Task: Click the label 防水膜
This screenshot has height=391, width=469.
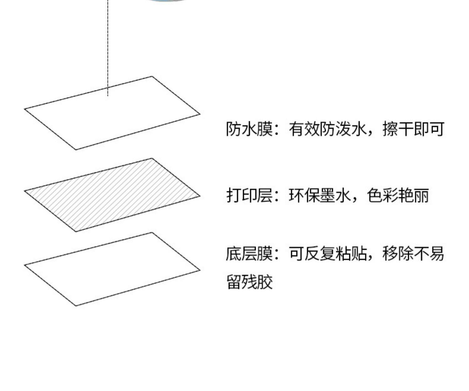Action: [x=249, y=129]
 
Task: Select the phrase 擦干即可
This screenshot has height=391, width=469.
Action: [x=413, y=129]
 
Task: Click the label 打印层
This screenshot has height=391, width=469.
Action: [x=249, y=196]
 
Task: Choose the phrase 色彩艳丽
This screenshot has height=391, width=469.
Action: [x=398, y=196]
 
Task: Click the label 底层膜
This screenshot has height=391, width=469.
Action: [x=249, y=253]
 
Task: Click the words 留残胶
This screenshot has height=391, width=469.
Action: [x=250, y=282]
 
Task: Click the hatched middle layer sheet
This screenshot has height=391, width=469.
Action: [x=113, y=195]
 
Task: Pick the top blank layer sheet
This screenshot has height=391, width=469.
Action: [x=113, y=113]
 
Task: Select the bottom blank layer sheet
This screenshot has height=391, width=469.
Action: [x=113, y=269]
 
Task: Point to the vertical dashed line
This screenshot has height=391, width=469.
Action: [x=108, y=47]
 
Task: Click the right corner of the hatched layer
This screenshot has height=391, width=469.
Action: [x=199, y=196]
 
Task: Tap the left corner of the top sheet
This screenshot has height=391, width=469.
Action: [x=25, y=109]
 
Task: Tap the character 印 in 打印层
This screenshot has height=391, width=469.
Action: [x=249, y=196]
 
